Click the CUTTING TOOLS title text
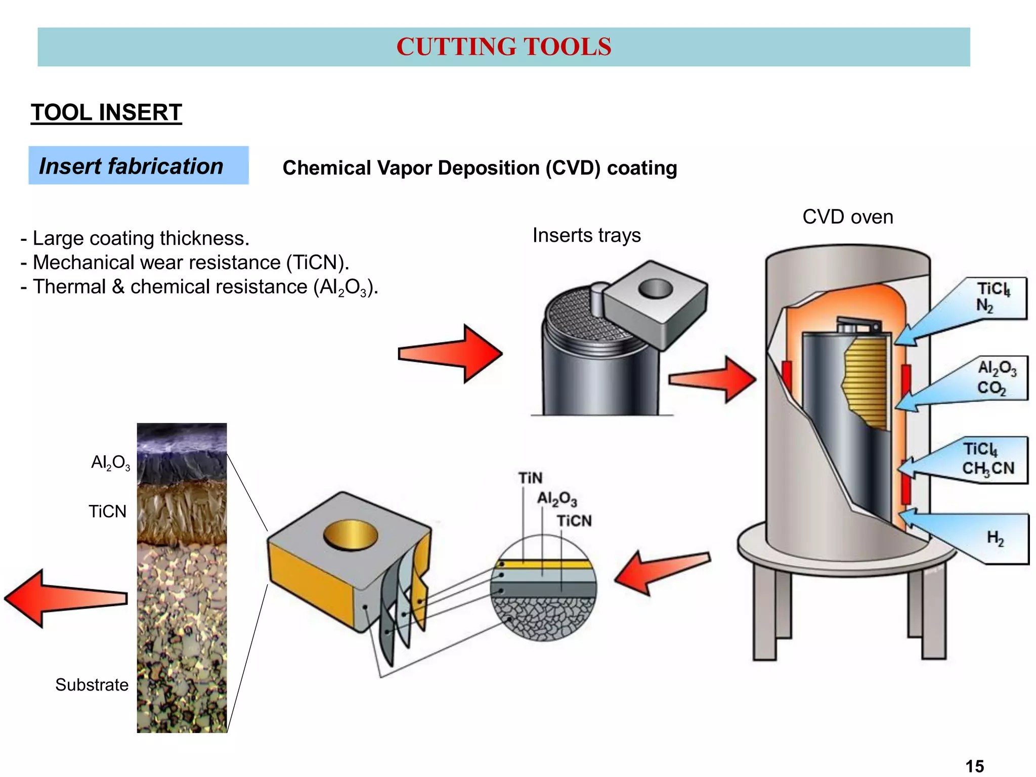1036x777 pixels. click(503, 47)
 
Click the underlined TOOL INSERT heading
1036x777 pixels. click(106, 112)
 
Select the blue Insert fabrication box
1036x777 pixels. click(138, 165)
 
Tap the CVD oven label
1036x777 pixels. click(847, 217)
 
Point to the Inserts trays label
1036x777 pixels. click(586, 235)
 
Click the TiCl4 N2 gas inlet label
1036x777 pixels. click(992, 297)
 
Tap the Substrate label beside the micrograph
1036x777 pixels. click(92, 685)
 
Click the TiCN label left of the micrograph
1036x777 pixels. click(107, 511)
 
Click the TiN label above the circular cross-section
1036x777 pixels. click(530, 478)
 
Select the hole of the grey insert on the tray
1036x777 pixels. click(655, 289)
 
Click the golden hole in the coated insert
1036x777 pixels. click(350, 536)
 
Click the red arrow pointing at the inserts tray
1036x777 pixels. click(448, 353)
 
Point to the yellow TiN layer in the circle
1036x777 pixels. click(544, 564)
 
